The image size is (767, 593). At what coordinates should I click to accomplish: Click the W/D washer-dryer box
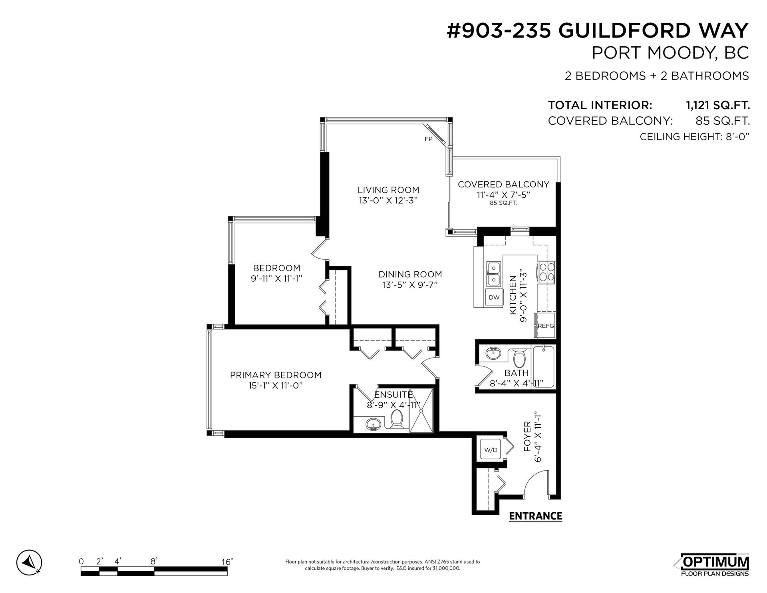(x=491, y=450)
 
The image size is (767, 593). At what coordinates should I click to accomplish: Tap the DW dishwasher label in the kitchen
(x=494, y=297)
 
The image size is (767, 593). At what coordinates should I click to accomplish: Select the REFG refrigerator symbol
(x=546, y=326)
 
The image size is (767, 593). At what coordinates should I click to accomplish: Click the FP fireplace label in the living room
(x=428, y=139)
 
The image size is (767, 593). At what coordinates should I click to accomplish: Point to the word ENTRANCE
(x=535, y=516)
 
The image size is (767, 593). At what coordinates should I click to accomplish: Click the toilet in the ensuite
(x=397, y=419)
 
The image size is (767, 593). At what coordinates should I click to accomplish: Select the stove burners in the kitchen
(x=546, y=272)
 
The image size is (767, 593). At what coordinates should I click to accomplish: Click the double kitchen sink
(x=494, y=274)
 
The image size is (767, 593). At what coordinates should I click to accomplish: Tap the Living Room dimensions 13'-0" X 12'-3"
(x=388, y=201)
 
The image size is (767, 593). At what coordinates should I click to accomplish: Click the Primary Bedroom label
(x=276, y=375)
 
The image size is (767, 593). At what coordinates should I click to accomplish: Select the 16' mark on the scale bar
(x=227, y=562)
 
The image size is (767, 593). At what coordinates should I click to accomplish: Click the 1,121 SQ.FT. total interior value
(x=717, y=105)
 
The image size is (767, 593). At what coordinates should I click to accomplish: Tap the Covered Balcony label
(x=503, y=184)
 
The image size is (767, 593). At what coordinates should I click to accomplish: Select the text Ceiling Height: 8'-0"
(x=694, y=137)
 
